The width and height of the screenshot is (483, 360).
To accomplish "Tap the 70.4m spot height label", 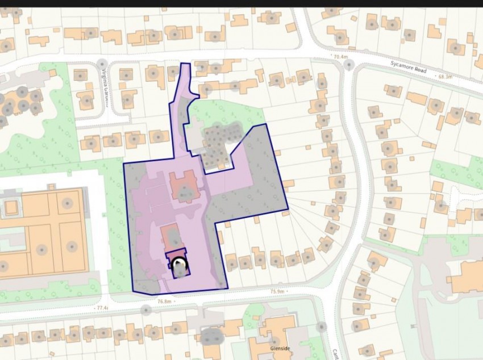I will click(x=340, y=57).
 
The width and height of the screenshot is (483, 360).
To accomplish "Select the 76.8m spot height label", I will click(x=165, y=302).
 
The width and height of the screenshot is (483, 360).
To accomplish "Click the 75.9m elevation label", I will click(x=277, y=292).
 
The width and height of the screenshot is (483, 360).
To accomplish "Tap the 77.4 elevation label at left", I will click(x=102, y=307).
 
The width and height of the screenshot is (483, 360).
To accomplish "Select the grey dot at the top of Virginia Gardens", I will click(x=102, y=63).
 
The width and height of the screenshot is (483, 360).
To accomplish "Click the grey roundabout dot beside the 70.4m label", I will click(x=349, y=65).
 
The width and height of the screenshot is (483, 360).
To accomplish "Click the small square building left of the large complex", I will click(x=11, y=206).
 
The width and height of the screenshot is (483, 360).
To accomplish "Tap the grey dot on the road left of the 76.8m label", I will click(x=146, y=310).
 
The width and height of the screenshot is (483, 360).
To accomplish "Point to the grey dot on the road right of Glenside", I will click(x=322, y=326).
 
